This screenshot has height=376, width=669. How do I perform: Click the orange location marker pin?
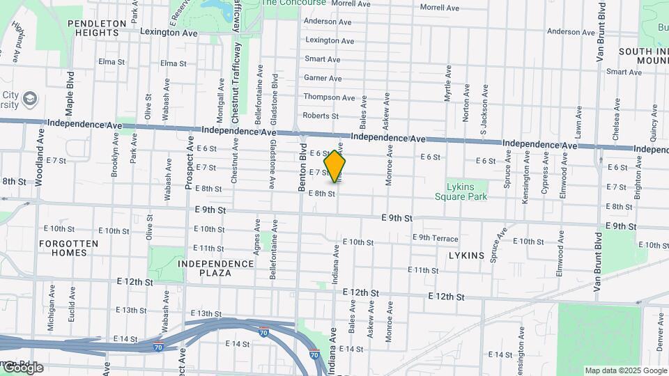click(x=335, y=166)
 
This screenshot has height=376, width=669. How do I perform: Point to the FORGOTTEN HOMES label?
click(x=68, y=248)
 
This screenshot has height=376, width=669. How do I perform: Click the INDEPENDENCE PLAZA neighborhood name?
click(x=215, y=268)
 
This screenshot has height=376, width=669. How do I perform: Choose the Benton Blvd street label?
click(x=303, y=172)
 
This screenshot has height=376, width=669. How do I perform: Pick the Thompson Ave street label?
click(x=330, y=97)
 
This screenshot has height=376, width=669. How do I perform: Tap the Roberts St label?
click(x=321, y=116)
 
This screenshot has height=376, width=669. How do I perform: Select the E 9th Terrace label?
click(x=436, y=238)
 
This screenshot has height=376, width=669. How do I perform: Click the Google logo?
click(x=22, y=368)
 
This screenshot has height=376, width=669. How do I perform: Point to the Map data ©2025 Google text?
click(x=626, y=370)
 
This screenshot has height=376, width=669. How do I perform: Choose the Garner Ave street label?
click(x=321, y=78)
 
